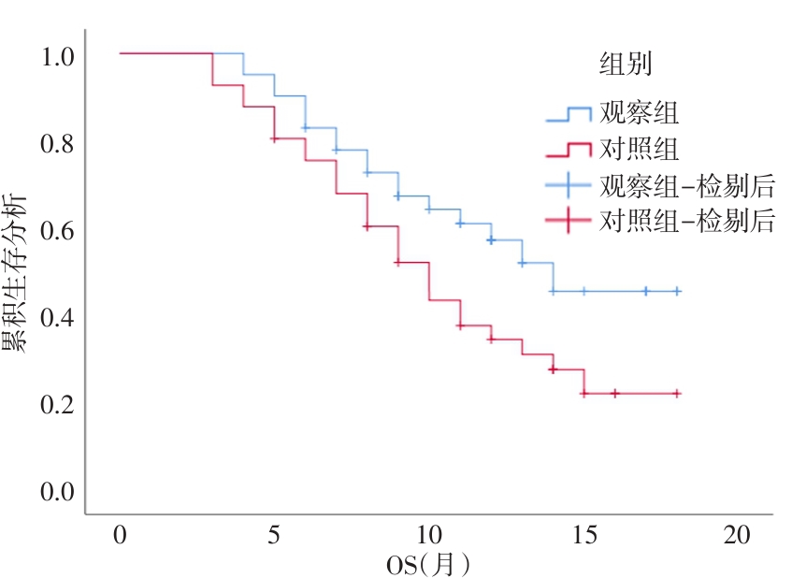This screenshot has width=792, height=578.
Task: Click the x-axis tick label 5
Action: pyautogui.click(x=274, y=536)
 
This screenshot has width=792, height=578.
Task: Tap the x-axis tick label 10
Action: pyautogui.click(x=428, y=536)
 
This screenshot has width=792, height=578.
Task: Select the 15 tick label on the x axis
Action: pyautogui.click(x=583, y=536)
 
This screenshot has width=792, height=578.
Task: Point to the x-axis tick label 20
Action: pyautogui.click(x=738, y=536)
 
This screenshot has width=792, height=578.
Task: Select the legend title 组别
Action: pyautogui.click(x=626, y=64)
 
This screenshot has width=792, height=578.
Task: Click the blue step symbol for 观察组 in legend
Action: pyautogui.click(x=569, y=114)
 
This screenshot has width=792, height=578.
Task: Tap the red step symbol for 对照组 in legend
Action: pyautogui.click(x=569, y=149)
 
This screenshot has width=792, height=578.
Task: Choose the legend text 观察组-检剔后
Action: pyautogui.click(x=687, y=186)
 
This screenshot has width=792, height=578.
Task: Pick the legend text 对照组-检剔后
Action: pyautogui.click(x=687, y=222)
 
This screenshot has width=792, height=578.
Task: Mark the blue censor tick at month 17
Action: pyautogui.click(x=645, y=291)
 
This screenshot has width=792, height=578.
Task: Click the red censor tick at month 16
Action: pyautogui.click(x=614, y=393)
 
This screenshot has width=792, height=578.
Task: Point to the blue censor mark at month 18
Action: pyautogui.click(x=676, y=291)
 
